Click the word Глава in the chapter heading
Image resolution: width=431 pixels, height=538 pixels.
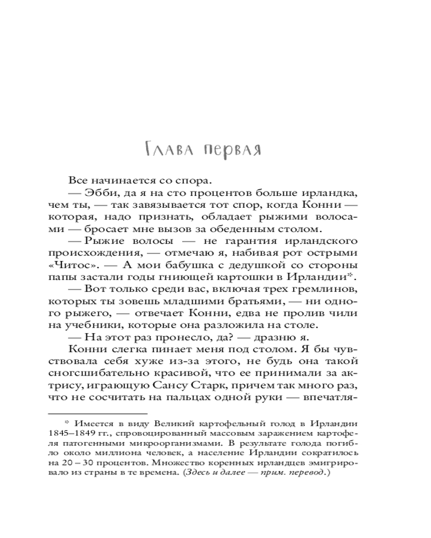tap(167, 149)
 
